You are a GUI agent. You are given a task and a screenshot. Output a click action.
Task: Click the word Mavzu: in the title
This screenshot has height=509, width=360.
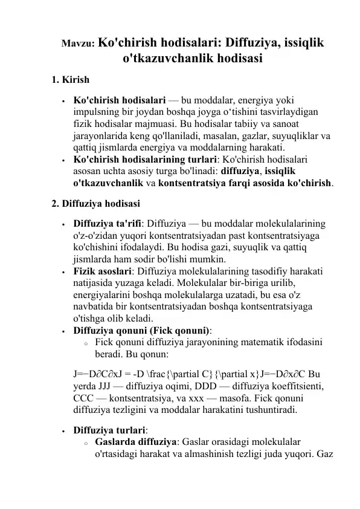(x=77, y=45)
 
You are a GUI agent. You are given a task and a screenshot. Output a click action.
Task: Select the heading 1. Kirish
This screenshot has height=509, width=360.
(x=71, y=79)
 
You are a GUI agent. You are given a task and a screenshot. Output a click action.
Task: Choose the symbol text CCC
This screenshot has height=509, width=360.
(x=84, y=398)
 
